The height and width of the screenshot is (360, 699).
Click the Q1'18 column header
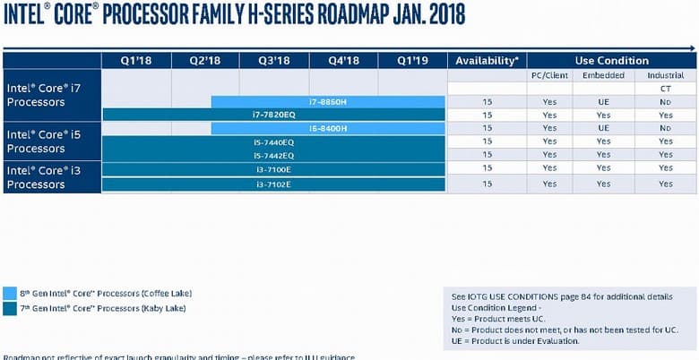point(136,61)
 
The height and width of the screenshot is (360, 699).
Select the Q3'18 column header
point(274,61)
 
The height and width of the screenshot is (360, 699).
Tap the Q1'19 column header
point(411,61)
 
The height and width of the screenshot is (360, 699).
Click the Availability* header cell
point(487,61)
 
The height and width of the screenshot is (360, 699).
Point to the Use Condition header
point(611,61)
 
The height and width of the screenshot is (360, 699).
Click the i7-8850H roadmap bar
point(328,102)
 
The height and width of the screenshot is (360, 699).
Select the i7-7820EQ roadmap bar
point(274,115)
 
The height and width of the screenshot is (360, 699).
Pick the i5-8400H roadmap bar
point(328,128)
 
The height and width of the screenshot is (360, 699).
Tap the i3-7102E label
point(274,184)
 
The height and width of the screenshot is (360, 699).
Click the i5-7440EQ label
point(274,142)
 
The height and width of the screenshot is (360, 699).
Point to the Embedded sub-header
point(603,75)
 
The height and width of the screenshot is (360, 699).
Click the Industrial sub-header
point(665,75)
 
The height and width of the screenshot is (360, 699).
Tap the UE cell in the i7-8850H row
point(603,102)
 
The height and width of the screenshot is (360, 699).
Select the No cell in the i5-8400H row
point(665,128)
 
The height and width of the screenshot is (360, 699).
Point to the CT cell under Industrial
point(665,89)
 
